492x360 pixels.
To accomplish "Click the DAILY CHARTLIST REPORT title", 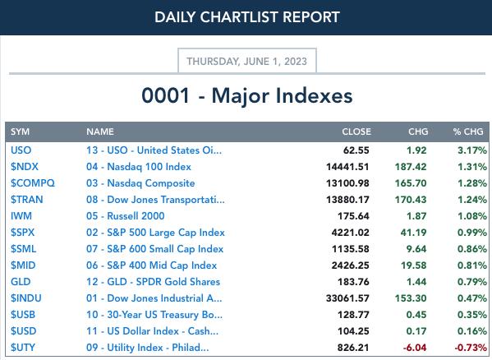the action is pos(247,17).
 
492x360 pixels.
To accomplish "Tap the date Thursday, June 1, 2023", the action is pos(247,61).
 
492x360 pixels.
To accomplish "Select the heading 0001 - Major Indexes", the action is pos(247,95).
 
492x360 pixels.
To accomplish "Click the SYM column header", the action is pos(20,132).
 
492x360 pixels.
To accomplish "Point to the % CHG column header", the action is pos(468,132).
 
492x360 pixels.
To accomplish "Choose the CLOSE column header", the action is pos(356,132).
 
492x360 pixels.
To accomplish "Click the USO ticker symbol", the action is pos(21,150).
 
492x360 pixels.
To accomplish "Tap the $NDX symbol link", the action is pos(25,166).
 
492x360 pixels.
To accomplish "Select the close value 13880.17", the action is pos(347,199).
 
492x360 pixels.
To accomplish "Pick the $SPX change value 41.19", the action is pos(413,233).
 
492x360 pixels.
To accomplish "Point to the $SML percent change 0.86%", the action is pos(472,249).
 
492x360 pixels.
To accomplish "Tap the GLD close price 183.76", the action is pos(353,282).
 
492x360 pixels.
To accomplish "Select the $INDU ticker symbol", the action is pos(26,298).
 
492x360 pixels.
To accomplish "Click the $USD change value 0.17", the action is pos(416,330).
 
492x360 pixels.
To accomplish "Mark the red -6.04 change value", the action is pos(415,348).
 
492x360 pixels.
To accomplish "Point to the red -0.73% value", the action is pos(471,348).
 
